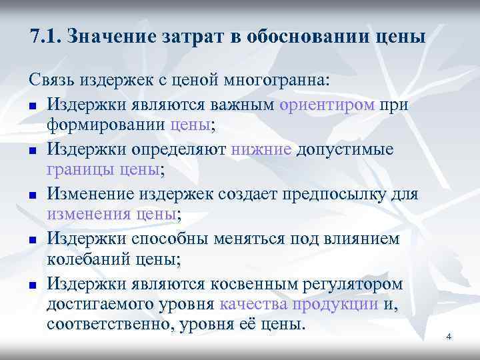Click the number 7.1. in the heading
pos(47,35)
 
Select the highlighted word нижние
pos(261,149)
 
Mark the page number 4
pos(449,337)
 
